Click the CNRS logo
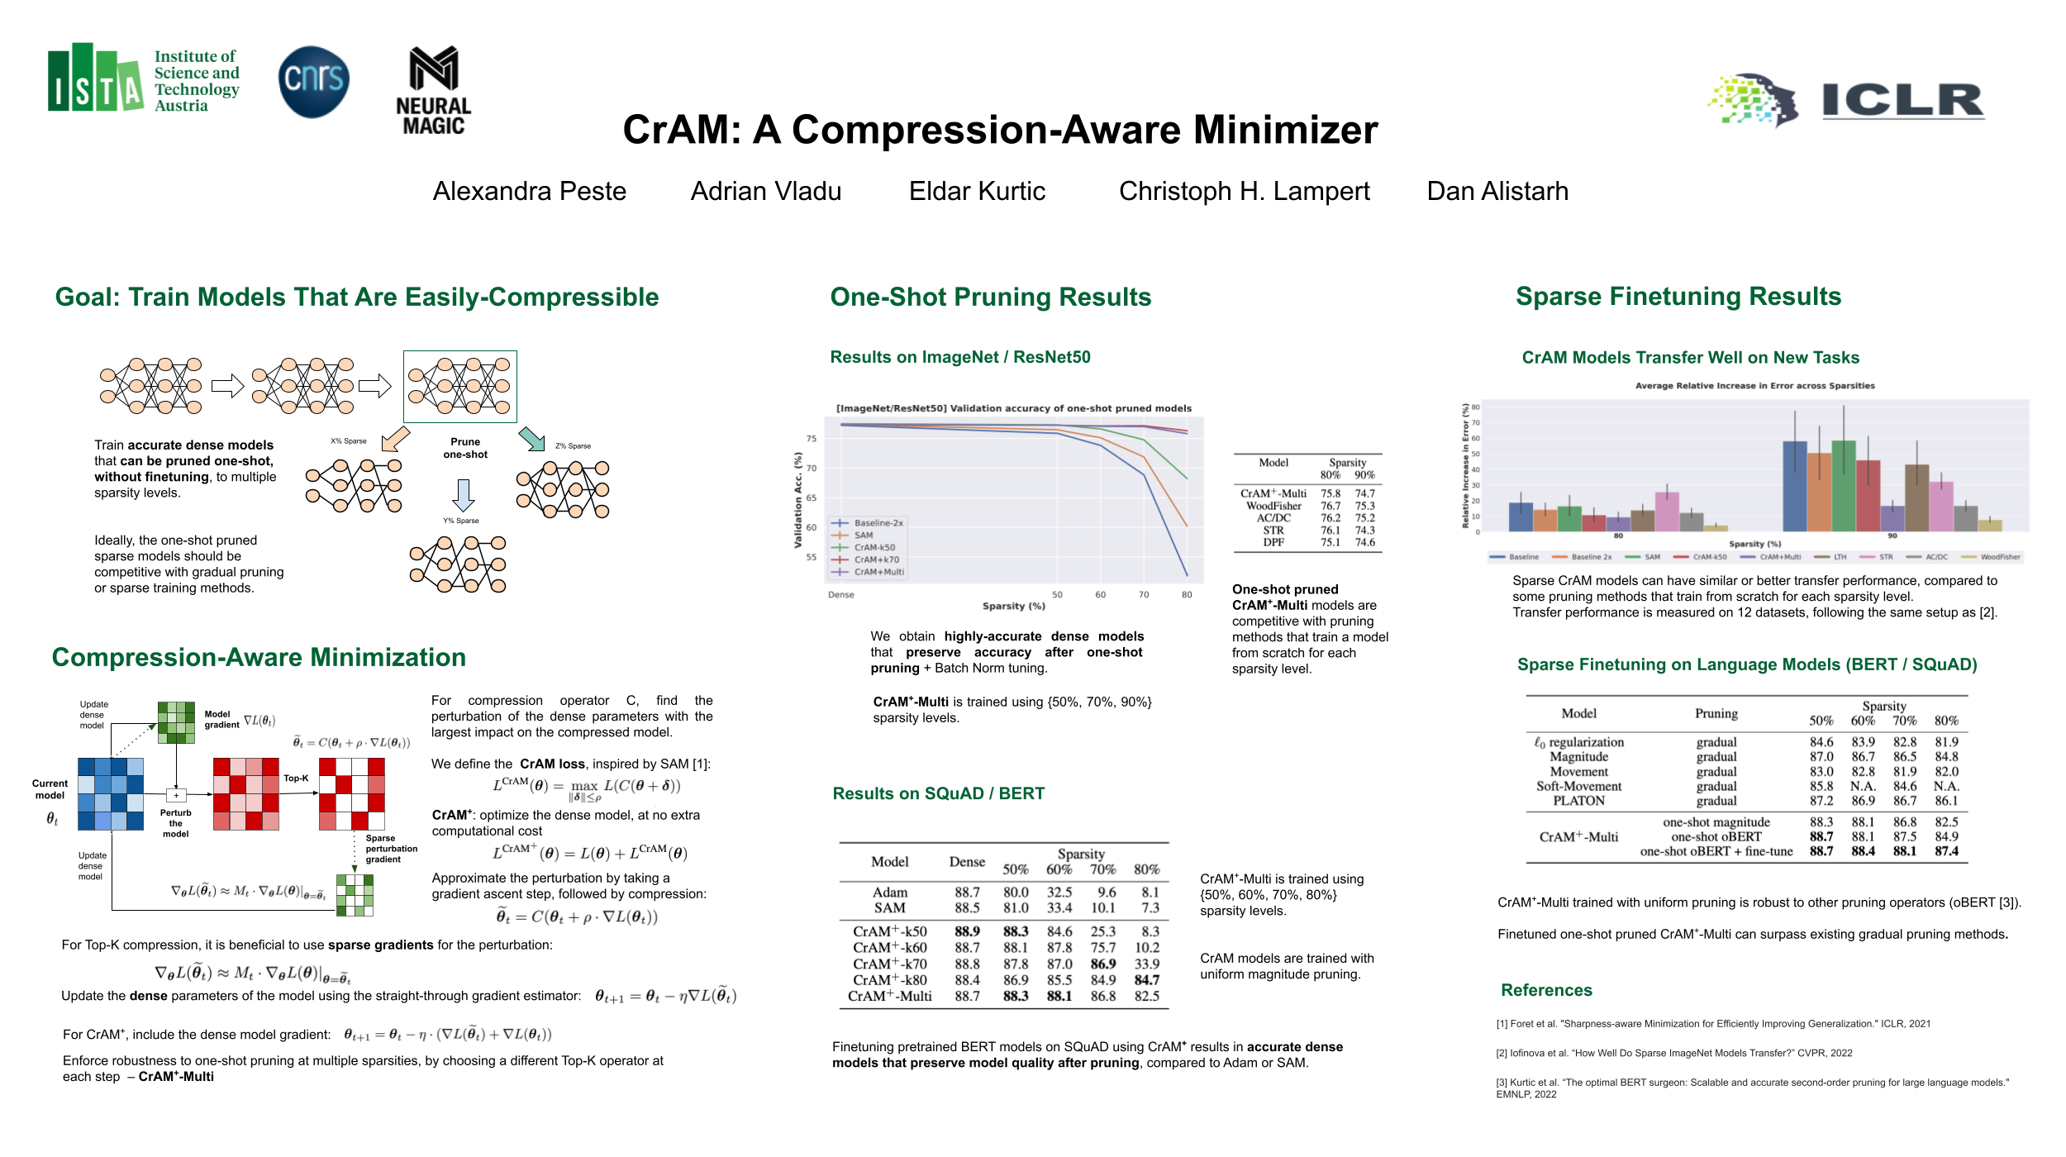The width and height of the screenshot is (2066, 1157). (x=314, y=81)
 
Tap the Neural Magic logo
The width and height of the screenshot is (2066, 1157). (x=434, y=91)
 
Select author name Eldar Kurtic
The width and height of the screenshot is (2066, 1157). (x=977, y=192)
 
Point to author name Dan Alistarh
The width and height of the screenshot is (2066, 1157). (x=1497, y=192)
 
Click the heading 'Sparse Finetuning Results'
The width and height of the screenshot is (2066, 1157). (x=1678, y=297)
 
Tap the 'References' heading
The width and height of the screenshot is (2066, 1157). (x=1546, y=990)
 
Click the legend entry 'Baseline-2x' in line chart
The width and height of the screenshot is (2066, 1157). (x=878, y=523)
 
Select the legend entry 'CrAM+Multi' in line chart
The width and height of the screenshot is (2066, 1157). (x=878, y=572)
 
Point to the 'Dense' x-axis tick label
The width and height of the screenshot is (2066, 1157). (x=841, y=595)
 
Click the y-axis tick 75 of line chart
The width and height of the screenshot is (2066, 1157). (x=812, y=439)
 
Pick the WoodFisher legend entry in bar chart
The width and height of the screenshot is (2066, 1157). (x=1999, y=557)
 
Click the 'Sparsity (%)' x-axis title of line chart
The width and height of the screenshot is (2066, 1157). (x=1013, y=607)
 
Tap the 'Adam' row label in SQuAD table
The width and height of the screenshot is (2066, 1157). (x=889, y=893)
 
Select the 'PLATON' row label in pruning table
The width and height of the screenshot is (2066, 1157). (x=1578, y=801)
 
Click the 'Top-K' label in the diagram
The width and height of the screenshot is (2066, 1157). (x=296, y=778)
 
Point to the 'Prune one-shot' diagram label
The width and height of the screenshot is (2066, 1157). (x=465, y=448)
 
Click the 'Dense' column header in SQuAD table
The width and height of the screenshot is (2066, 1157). (x=967, y=862)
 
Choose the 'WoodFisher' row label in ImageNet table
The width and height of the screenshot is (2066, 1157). (x=1273, y=506)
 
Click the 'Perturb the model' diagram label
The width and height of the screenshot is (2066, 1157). (x=175, y=823)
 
